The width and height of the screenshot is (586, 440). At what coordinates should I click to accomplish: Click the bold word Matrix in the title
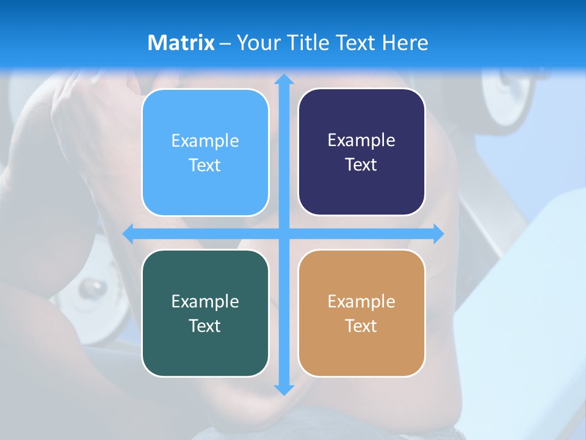coord(181,43)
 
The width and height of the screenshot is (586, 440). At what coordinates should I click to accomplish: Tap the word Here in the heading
coord(405,43)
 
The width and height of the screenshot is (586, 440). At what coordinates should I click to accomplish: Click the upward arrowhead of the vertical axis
coord(283,79)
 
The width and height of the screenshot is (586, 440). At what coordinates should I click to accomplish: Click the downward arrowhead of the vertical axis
coord(283,389)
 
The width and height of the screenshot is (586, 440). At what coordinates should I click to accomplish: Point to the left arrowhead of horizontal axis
coord(128,233)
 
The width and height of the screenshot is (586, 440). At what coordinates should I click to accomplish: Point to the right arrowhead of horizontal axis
coord(438,233)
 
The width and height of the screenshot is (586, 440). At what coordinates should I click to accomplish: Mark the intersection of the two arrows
coord(283,233)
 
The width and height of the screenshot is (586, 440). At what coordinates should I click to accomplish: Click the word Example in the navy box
coord(361,141)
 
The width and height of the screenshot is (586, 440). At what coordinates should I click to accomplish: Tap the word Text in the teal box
coord(205,326)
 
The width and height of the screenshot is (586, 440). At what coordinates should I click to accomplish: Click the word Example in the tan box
coord(361,301)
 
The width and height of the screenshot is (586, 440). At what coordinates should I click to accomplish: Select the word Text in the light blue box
coord(205,165)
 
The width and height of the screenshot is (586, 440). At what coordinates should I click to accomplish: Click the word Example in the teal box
coord(205,301)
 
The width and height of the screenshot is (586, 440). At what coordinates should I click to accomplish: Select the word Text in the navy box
coord(361,164)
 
